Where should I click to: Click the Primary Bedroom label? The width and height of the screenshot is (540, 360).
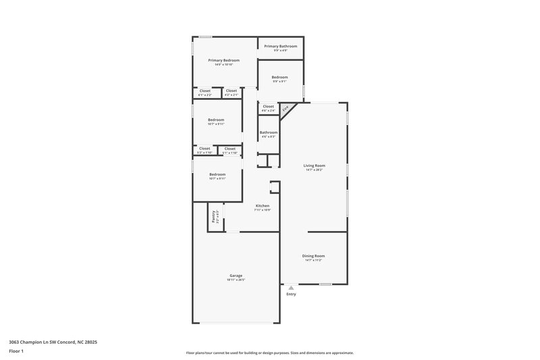223,61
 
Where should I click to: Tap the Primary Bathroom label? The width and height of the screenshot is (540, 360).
280,46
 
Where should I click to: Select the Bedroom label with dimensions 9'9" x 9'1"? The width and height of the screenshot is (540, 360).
280,78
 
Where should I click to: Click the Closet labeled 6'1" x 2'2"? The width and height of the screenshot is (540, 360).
205,91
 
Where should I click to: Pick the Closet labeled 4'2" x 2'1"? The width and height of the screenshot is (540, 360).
232,91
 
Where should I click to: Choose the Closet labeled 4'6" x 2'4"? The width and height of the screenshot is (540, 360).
268,106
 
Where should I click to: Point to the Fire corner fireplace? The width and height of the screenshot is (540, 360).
286,108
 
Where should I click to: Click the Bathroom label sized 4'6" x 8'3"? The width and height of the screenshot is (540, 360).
268,132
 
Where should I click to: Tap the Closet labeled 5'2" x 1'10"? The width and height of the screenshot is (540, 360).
204,149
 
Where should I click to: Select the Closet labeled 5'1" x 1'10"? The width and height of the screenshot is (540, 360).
230,149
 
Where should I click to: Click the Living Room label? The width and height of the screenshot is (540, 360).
314,165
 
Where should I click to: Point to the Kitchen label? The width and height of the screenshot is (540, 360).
262,205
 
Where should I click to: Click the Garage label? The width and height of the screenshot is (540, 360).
236,276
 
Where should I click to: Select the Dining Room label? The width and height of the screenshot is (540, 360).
313,256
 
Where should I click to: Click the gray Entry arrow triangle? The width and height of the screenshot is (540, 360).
291,288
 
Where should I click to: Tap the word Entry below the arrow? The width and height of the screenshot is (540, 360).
291,294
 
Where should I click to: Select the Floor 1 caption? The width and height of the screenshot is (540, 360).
16,351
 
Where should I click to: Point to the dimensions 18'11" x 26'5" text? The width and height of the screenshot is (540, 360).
236,280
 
